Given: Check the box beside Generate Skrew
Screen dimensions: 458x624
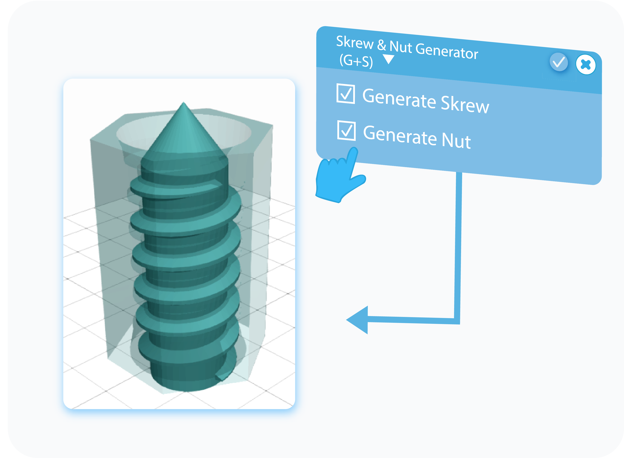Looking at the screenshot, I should point(345,94).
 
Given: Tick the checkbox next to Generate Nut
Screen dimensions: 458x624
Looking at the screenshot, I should point(346,131).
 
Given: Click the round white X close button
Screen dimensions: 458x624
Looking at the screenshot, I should point(585,65).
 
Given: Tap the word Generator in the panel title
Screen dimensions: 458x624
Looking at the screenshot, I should point(447,51).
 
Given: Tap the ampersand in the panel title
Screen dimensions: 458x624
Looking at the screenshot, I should point(382,45).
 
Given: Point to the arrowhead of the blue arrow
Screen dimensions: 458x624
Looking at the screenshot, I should point(357,320).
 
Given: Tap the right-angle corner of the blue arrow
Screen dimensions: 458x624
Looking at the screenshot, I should point(457,321).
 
